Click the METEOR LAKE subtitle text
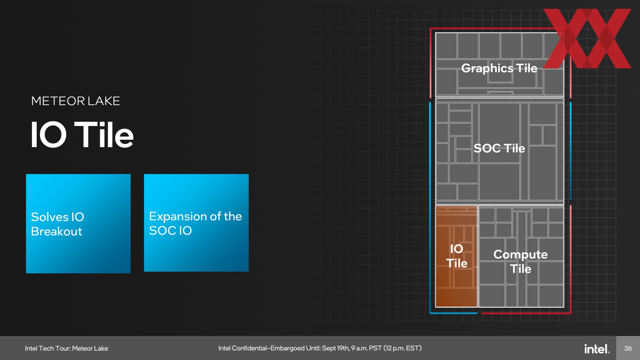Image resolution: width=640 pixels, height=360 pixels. [x=76, y=101]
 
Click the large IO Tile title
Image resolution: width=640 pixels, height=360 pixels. [x=82, y=134]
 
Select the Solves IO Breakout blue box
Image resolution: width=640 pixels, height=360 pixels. [x=78, y=224]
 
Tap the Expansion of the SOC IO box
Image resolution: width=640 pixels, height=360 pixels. [x=196, y=223]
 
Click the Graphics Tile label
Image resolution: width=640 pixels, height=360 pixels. [x=499, y=68]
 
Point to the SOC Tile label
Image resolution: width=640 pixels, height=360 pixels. [x=499, y=148]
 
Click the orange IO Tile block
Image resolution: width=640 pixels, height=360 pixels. [x=456, y=256]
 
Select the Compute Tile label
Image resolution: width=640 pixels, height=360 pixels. [x=520, y=261]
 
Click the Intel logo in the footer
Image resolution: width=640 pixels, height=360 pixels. [x=597, y=349]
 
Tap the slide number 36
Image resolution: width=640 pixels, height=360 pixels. [x=628, y=348]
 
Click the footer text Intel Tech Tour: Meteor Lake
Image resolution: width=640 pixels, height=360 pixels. [x=66, y=348]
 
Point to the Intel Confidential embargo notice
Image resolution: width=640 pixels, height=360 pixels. [x=320, y=348]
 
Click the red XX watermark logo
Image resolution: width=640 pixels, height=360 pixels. [x=587, y=38]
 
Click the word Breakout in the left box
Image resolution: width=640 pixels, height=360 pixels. [x=56, y=231]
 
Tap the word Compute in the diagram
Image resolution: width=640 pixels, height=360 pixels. [x=520, y=255]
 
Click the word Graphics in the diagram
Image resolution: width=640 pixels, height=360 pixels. [x=487, y=69]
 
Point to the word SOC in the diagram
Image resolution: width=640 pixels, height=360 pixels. [x=487, y=148]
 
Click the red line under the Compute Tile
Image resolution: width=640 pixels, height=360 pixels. [x=526, y=313]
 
